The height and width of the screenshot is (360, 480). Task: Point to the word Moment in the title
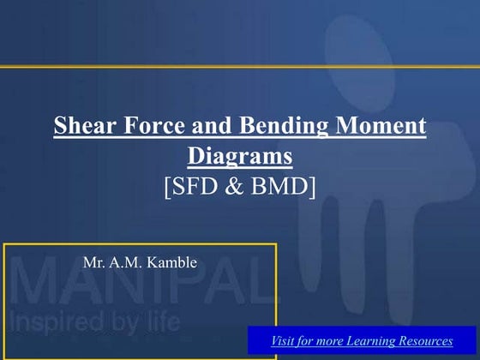pyautogui.click(x=383, y=128)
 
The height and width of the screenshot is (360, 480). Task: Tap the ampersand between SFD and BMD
pyautogui.click(x=237, y=184)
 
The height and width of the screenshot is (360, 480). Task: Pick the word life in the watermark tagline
pyautogui.click(x=159, y=323)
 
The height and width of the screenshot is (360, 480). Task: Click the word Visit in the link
pyautogui.click(x=285, y=341)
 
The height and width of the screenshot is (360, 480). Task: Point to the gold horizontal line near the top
pyautogui.click(x=240, y=66)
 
